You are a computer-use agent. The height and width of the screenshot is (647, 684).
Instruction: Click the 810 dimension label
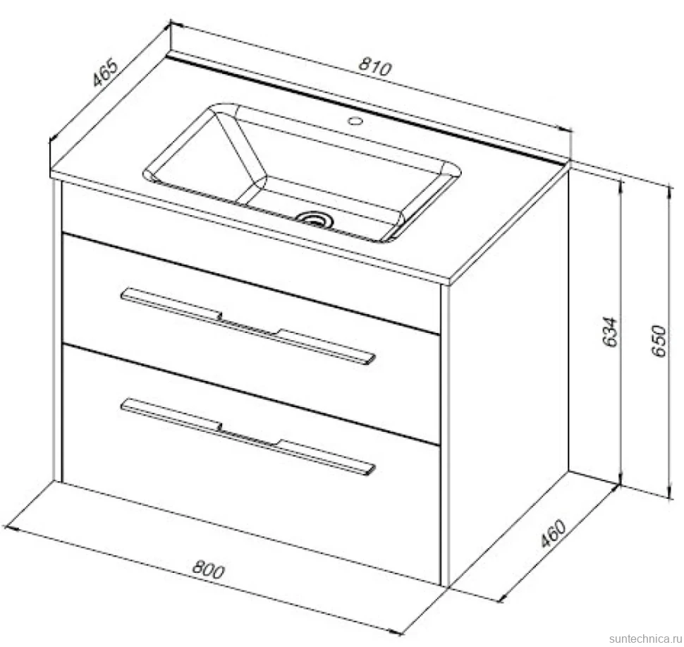376,68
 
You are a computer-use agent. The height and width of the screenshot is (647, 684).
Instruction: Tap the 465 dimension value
105,71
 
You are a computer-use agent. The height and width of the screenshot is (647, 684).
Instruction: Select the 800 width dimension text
208,569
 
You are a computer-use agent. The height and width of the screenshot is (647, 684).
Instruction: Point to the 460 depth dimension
553,533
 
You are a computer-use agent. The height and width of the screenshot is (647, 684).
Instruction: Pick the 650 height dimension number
659,341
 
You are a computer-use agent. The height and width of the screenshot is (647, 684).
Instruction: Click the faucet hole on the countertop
356,120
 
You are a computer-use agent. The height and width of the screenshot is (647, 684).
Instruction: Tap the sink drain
314,218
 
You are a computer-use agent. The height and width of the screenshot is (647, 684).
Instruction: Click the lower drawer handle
248,435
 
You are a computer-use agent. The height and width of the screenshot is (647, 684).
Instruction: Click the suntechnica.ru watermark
646,639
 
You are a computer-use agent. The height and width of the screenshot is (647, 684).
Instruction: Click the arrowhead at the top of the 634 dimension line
621,185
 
